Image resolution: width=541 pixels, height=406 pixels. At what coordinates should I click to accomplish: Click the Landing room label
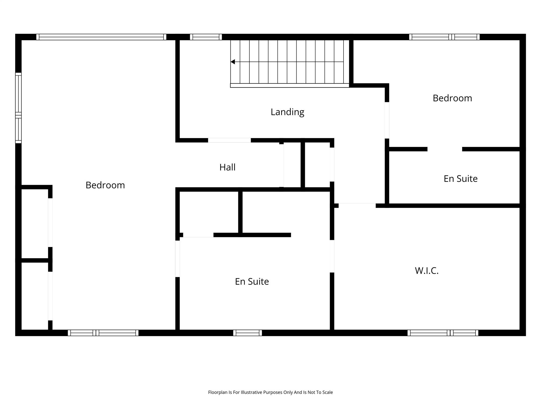click(x=287, y=112)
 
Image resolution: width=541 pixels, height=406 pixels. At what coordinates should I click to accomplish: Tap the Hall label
click(x=227, y=167)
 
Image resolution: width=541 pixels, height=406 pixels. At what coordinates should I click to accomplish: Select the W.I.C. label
click(x=427, y=271)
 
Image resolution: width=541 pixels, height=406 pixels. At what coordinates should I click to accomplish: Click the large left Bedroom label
click(x=105, y=185)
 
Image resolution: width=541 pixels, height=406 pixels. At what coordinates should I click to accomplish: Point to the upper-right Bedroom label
click(x=452, y=98)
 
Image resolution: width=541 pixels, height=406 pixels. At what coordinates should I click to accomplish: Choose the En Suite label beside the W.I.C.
click(x=252, y=281)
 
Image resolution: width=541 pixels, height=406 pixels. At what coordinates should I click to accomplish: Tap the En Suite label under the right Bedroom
click(x=460, y=179)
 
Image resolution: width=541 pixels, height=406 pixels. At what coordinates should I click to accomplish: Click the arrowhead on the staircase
click(x=233, y=62)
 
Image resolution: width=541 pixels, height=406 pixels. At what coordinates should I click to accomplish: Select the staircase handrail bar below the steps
click(x=289, y=86)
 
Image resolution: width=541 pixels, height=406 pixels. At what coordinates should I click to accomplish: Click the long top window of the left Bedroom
click(x=101, y=37)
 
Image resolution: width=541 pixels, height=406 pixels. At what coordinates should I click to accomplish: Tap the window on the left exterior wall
click(x=18, y=108)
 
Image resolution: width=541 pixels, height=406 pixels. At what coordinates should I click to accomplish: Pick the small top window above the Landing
click(x=206, y=37)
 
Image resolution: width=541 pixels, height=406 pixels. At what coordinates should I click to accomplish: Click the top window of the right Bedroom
click(x=444, y=37)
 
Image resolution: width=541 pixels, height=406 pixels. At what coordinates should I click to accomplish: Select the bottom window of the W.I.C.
click(x=443, y=333)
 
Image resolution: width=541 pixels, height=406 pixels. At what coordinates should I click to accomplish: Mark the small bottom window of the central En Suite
click(x=248, y=333)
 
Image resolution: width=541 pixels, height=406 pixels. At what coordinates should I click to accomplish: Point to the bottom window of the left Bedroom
click(x=103, y=333)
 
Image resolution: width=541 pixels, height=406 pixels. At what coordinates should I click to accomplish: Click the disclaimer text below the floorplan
click(x=270, y=392)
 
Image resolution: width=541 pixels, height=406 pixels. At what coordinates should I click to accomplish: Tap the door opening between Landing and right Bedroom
click(x=387, y=120)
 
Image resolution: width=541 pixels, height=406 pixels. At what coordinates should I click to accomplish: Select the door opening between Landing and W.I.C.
click(x=357, y=205)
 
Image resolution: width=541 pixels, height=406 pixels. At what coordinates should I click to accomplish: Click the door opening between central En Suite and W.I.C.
click(x=332, y=256)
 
